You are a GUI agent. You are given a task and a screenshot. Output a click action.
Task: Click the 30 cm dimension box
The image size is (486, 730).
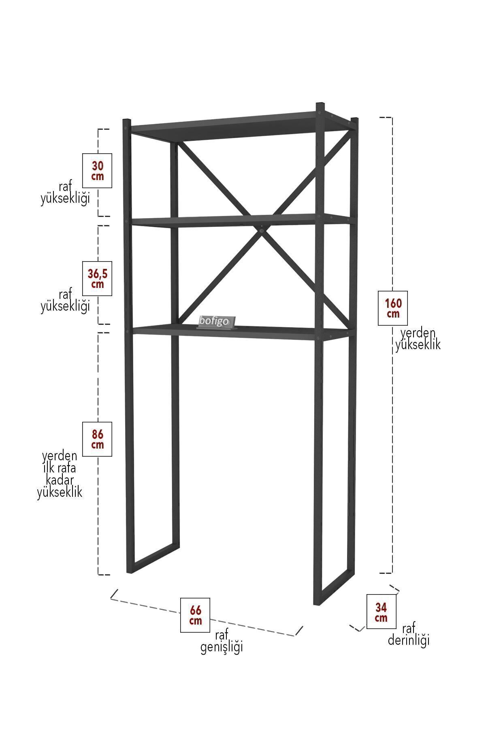click(97, 171)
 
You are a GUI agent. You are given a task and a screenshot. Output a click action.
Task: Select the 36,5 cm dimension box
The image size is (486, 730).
click(97, 279)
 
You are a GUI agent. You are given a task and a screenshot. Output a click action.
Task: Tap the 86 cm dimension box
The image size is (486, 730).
click(97, 439)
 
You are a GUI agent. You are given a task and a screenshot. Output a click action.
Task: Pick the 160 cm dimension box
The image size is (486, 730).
click(393, 308)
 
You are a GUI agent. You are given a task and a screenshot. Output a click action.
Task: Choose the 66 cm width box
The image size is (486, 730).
click(195, 615)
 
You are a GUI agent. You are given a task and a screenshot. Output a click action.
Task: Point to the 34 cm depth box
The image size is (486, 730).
click(381, 612)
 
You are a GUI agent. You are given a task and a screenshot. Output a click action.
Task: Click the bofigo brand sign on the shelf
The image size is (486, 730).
click(215, 322)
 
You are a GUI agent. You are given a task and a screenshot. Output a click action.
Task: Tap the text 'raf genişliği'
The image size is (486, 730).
click(222, 641)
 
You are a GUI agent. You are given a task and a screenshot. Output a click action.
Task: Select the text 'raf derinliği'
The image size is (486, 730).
click(409, 635)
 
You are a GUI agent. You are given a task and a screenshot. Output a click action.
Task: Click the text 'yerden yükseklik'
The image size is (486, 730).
click(418, 339)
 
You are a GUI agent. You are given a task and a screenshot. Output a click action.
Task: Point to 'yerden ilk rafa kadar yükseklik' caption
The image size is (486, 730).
click(60, 474)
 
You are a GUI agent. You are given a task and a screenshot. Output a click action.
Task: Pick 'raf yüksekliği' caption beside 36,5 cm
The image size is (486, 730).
click(65, 301)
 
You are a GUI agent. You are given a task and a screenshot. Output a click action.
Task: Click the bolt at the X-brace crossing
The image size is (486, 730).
click(262, 231)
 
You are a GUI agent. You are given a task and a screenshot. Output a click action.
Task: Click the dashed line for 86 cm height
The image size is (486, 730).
click(98, 453)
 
